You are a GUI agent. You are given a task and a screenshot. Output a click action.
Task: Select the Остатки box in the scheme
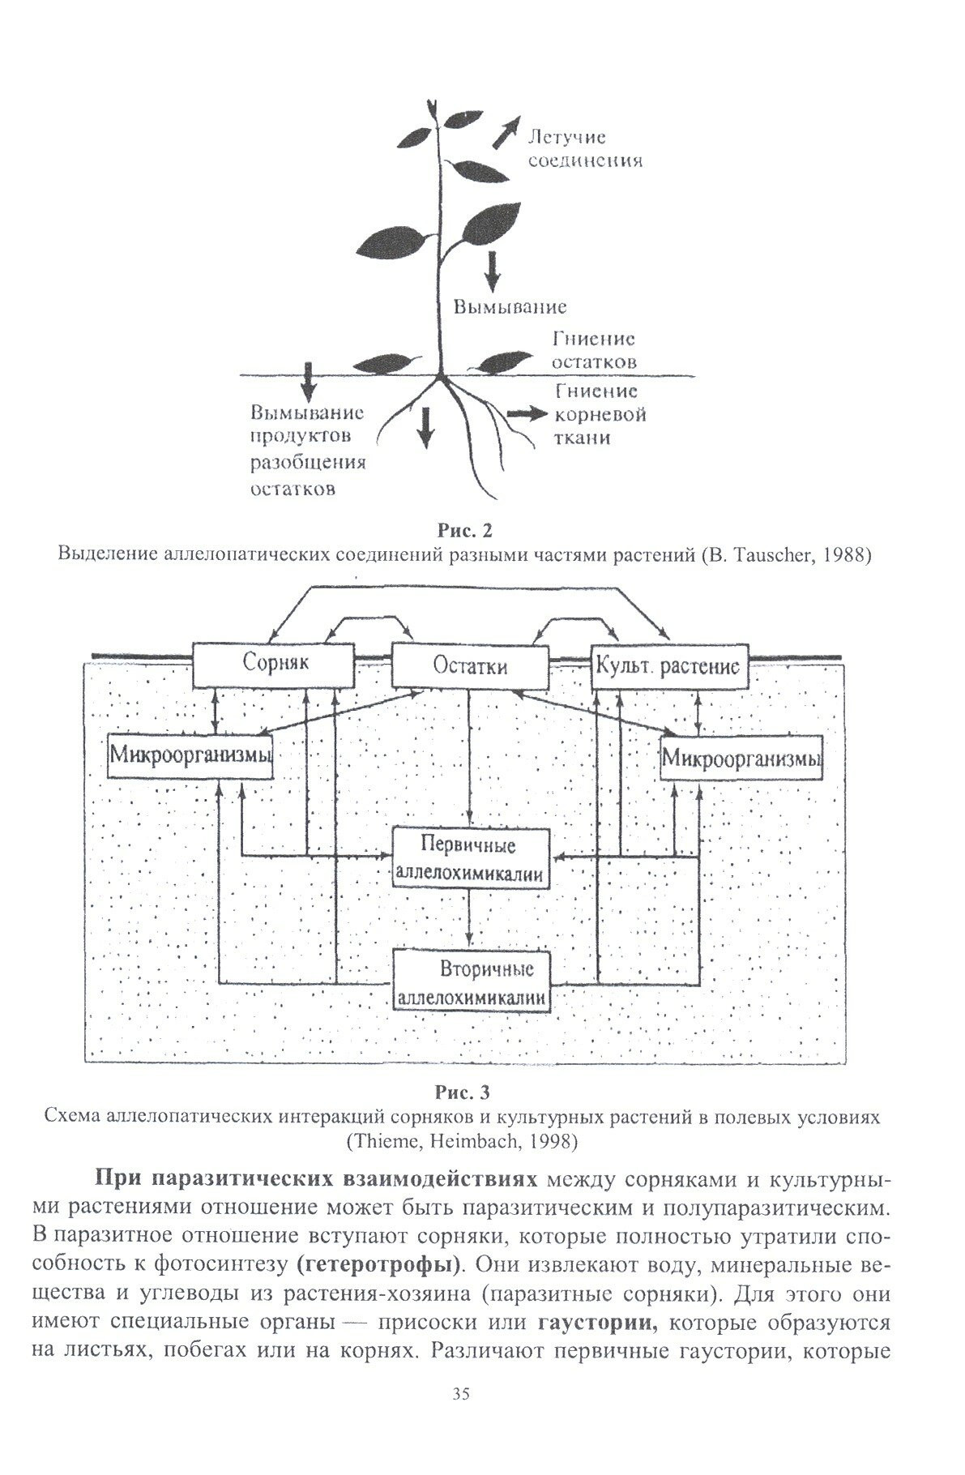click(470, 667)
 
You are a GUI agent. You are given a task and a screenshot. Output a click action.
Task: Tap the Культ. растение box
click(667, 668)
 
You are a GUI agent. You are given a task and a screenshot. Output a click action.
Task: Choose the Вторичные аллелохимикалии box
click(471, 981)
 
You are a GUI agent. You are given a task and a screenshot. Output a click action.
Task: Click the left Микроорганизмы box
click(190, 756)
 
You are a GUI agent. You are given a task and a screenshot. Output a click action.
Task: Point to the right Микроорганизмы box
click(741, 759)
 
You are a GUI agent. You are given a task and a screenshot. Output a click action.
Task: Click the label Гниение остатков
click(594, 348)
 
